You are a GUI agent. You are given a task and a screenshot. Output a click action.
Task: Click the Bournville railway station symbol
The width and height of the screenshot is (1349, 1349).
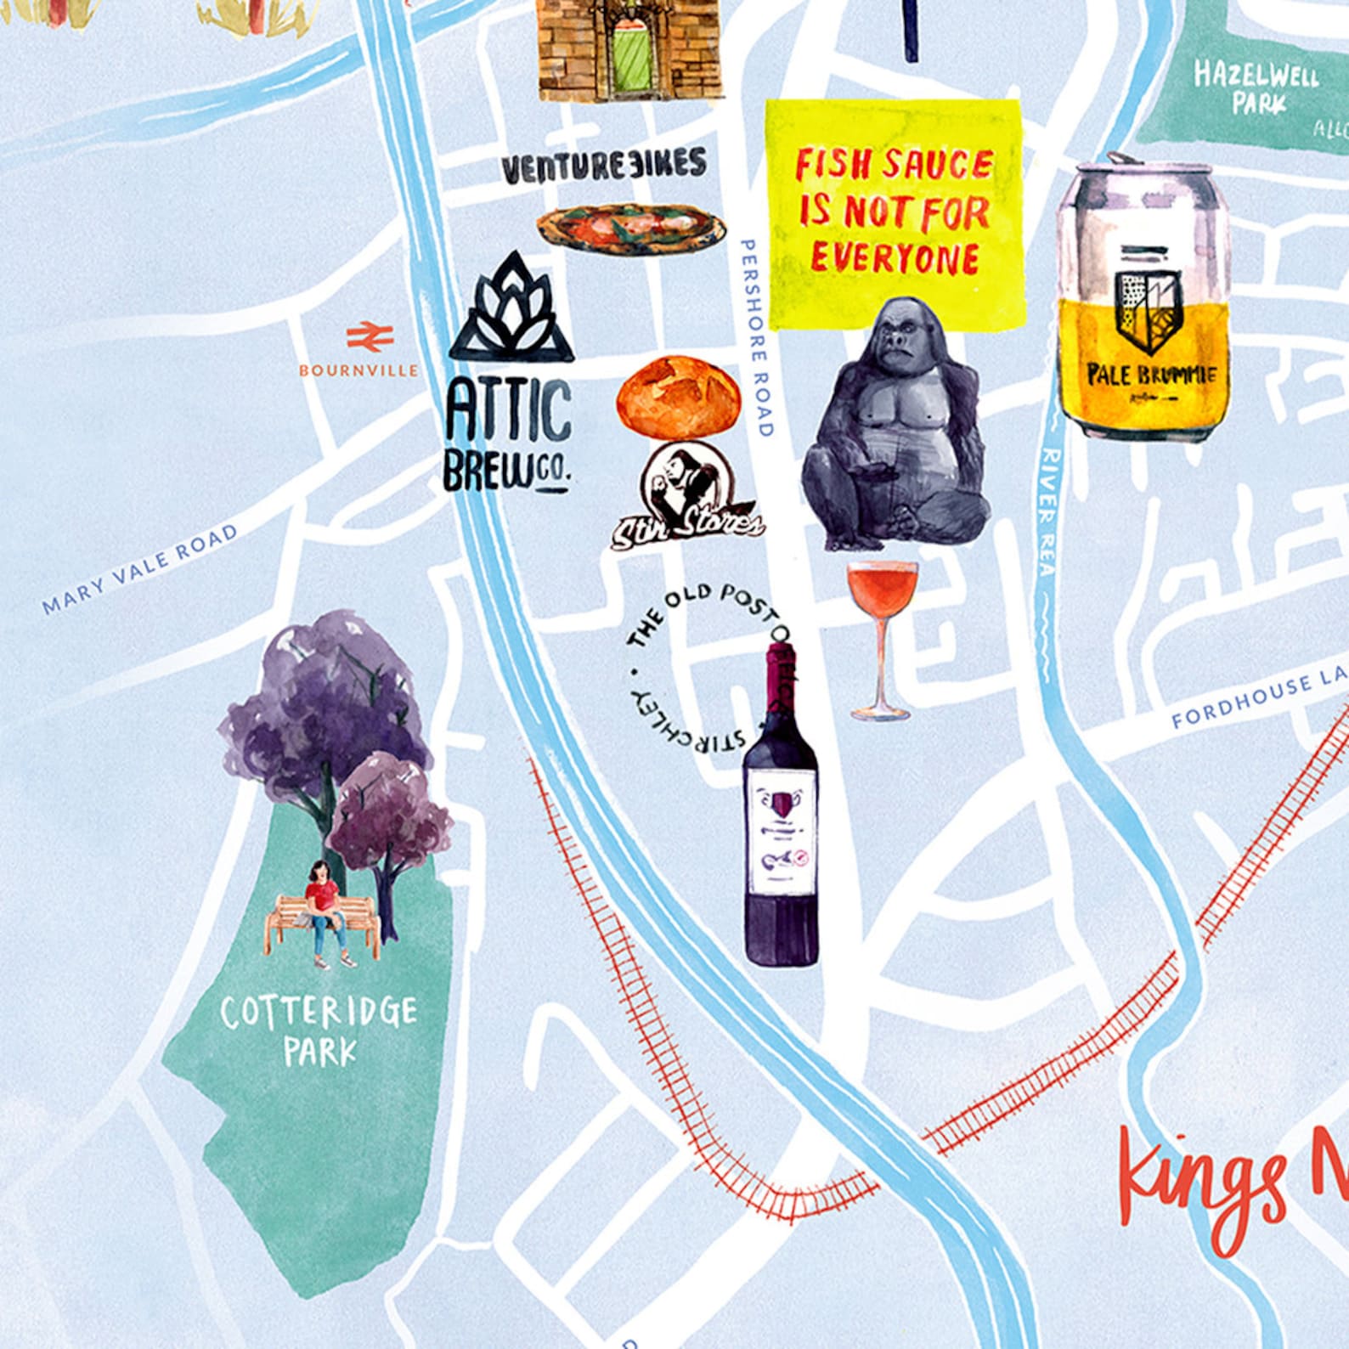370,336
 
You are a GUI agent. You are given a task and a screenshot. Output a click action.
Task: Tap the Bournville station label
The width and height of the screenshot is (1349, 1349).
358,371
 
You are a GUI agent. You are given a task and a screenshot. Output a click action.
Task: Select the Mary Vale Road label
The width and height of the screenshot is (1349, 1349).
140,570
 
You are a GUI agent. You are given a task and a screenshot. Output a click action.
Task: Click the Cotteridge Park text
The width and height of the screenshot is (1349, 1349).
319,1030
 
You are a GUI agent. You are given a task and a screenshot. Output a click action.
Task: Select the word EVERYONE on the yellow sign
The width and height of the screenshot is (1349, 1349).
894,258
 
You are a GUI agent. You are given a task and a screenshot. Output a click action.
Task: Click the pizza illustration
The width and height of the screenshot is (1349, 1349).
630,225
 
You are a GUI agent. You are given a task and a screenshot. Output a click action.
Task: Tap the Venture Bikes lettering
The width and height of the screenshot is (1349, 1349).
603,165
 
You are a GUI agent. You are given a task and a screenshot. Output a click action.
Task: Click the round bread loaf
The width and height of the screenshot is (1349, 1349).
678,397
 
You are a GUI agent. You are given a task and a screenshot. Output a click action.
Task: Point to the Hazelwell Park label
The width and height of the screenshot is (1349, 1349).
1256,87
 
